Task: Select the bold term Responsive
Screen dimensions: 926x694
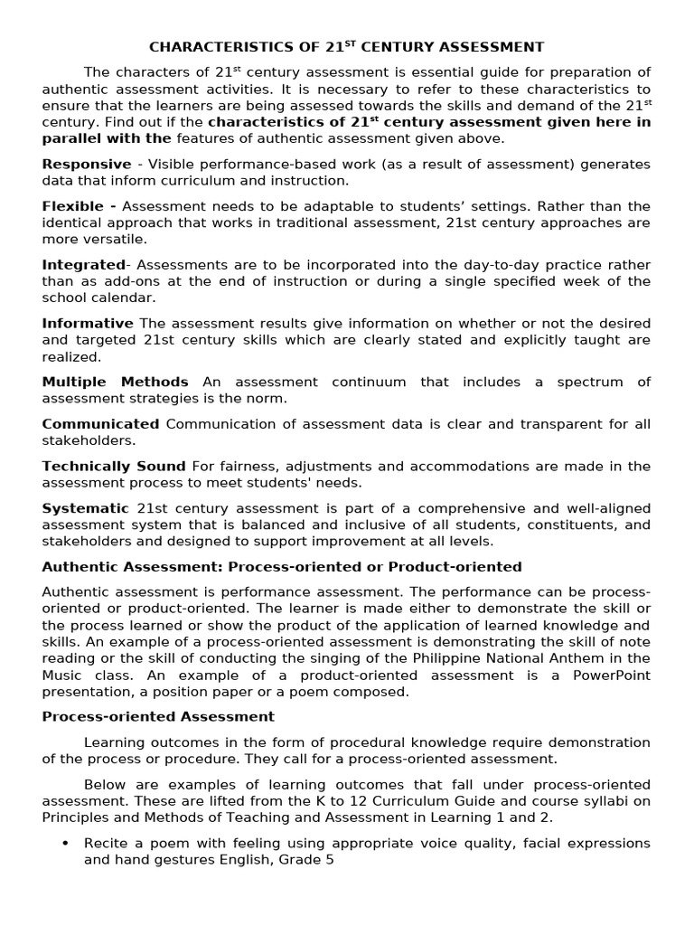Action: tap(86, 164)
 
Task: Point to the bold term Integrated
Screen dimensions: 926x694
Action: tap(83, 265)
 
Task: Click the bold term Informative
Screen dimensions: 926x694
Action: tap(88, 324)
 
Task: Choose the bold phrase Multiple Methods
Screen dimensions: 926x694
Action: tap(115, 382)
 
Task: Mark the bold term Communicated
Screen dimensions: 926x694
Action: tap(100, 424)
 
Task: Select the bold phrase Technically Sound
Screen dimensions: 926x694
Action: tap(114, 467)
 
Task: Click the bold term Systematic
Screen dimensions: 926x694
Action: tap(85, 508)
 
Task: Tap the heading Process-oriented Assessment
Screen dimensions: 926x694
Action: tap(158, 716)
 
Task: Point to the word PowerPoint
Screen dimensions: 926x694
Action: tap(612, 676)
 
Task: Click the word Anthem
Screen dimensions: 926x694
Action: tap(596, 658)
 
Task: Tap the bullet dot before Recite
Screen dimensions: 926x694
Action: tap(65, 843)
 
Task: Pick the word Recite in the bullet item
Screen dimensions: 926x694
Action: tap(107, 843)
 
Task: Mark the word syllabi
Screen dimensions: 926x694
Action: tap(607, 801)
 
